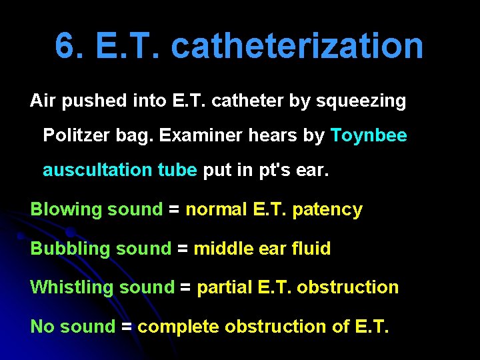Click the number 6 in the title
[x=65, y=46]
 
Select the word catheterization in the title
[x=297, y=46]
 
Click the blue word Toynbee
[x=369, y=135]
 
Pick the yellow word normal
[x=217, y=209]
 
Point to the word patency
[x=327, y=210]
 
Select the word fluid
[x=311, y=249]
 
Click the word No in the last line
[x=42, y=327]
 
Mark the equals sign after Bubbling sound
[x=182, y=249]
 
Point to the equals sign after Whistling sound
[x=185, y=288]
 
